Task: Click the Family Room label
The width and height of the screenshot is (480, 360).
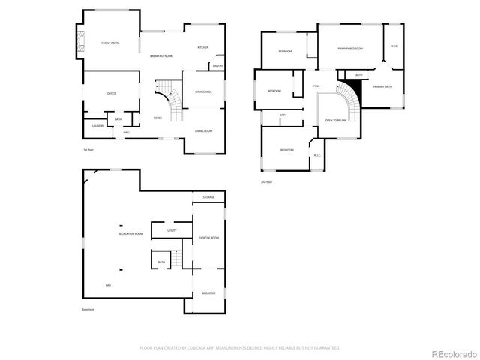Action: point(110,43)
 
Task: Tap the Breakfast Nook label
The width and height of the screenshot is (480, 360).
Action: point(161,56)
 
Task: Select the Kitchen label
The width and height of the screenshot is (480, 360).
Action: point(202,47)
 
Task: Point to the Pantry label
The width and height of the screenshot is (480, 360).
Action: point(217,66)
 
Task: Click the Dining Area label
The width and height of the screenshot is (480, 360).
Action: point(203,91)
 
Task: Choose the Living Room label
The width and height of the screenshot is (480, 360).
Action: point(203,131)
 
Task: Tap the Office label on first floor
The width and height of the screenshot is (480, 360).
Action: point(111,93)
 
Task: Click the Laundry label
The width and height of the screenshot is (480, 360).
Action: point(98,126)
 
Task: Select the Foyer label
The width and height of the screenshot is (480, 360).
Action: point(157,118)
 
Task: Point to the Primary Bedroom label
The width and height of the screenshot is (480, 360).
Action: point(349,48)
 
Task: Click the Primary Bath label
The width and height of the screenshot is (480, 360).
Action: point(382,86)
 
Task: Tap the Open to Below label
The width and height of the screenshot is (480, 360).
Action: point(335,120)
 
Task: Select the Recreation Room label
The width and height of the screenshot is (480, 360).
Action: point(130,234)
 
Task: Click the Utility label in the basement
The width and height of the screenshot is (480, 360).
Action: point(172,231)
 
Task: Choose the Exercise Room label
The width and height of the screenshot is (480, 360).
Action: point(208,238)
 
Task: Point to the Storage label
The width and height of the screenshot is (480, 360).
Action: point(208,197)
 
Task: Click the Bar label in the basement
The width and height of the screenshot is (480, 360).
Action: point(108,285)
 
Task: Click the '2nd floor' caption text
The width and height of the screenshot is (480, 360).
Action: point(266,181)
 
